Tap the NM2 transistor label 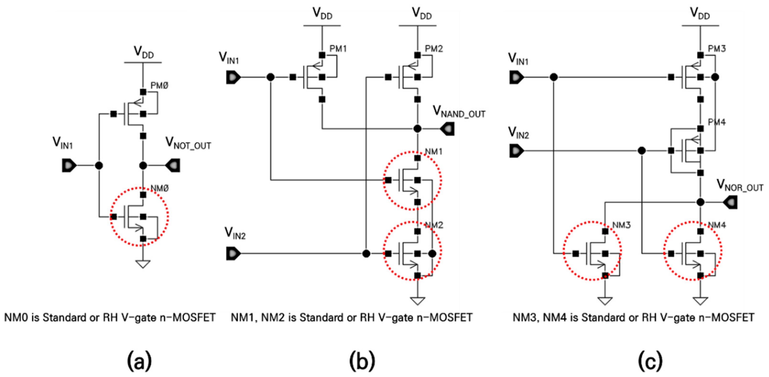click(434, 225)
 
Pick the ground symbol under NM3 click(605, 301)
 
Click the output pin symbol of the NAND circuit click(447, 129)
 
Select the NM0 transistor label click(159, 188)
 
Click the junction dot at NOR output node click(700, 202)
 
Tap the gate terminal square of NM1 click(388, 180)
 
